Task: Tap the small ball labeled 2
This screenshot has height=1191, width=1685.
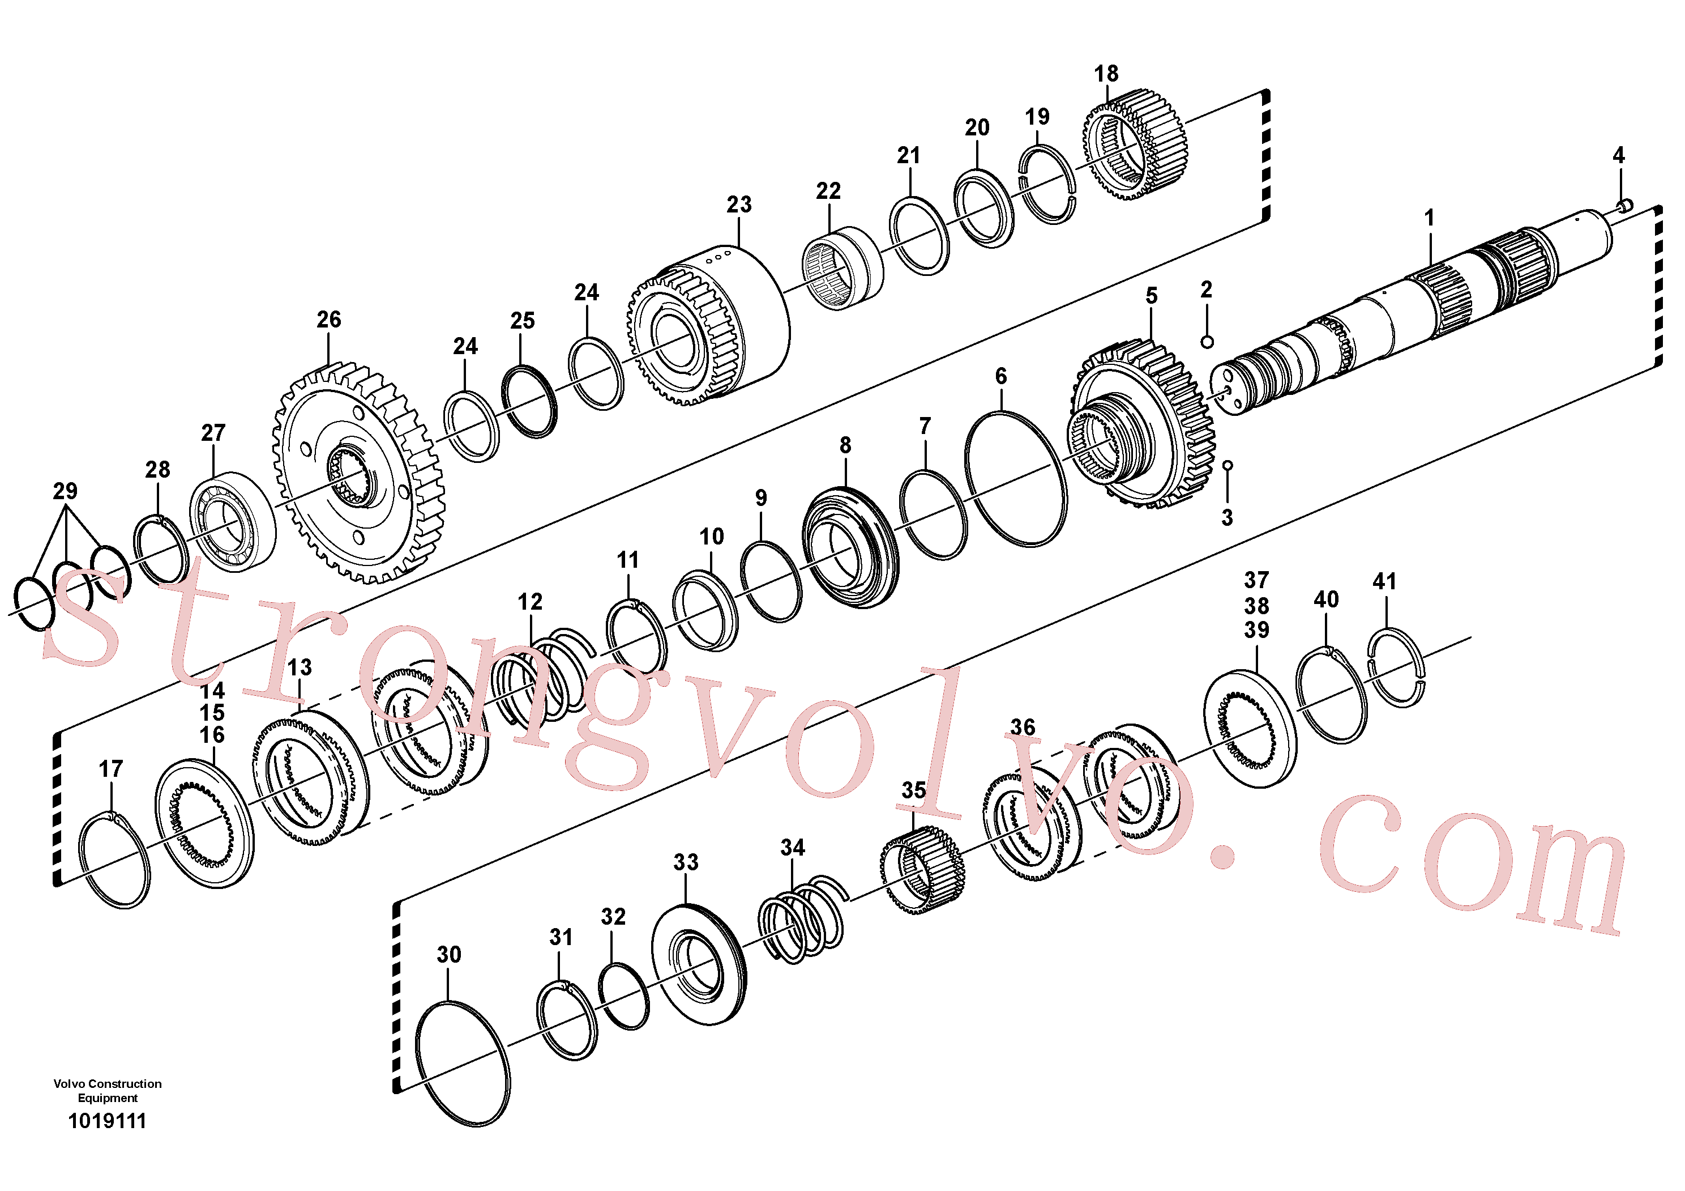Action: point(1207,342)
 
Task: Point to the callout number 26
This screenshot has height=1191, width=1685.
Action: point(329,320)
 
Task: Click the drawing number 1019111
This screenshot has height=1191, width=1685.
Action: point(107,1121)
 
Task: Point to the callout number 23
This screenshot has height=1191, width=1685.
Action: point(739,205)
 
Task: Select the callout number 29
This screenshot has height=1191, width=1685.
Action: point(65,491)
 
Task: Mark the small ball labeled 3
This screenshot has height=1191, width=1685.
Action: point(1227,466)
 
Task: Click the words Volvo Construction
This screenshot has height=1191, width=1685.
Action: point(107,1084)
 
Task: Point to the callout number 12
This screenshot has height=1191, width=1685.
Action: point(530,602)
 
